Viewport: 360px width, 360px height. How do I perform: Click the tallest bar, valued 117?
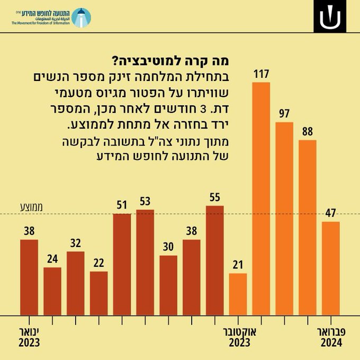pos(261,199)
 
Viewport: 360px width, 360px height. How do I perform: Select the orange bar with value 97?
pos(284,218)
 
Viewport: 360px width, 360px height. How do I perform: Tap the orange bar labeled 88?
pos(308,228)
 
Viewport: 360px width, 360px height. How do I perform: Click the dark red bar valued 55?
pos(215,260)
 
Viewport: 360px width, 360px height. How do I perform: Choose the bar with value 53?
pos(145,262)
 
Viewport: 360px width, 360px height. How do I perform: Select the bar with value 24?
pos(52,291)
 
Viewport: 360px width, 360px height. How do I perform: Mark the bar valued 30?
pos(168,285)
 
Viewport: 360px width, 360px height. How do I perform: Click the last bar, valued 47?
pos(331,268)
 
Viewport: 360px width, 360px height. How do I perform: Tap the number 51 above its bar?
pos(122,205)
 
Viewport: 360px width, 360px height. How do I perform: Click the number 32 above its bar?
pos(76,243)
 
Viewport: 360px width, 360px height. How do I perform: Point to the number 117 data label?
pos(261,74)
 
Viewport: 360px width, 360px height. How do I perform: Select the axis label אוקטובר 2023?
pos(239,337)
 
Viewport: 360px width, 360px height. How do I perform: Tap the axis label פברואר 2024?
pos(331,337)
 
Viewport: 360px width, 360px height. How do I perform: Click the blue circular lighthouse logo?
pos(80,17)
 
